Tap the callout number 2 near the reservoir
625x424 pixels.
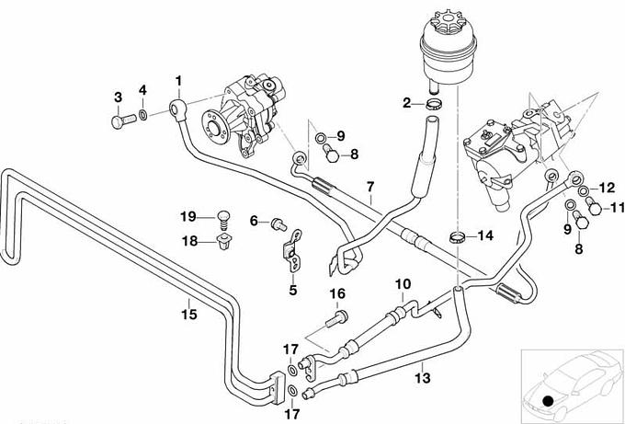(406, 103)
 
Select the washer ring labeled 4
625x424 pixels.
(143, 116)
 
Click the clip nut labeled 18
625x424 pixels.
(221, 243)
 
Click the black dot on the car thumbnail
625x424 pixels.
(549, 400)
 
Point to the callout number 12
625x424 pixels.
(608, 187)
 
